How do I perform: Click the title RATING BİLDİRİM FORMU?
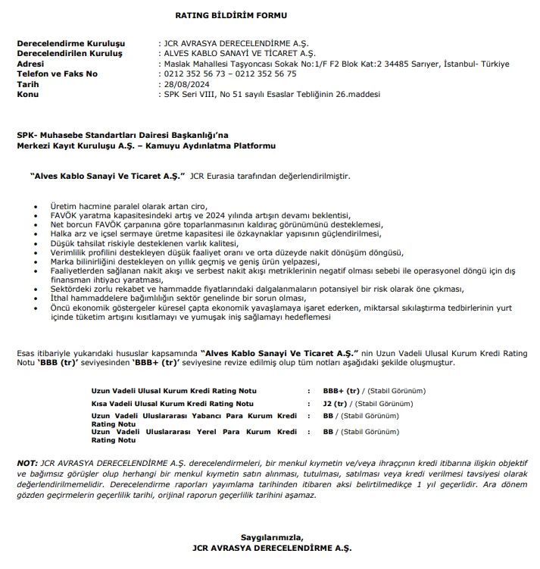[x=220, y=15]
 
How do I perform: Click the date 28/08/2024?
[x=187, y=84]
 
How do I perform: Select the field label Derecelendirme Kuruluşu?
[x=70, y=45]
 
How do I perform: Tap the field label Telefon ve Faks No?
[x=58, y=74]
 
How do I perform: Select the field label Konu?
[x=28, y=94]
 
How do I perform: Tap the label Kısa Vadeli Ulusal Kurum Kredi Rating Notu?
[x=173, y=405]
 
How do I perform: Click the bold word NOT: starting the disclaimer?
[x=27, y=462]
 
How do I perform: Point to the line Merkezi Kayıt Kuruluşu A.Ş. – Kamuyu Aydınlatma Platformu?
[x=146, y=145]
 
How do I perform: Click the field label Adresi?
[x=32, y=64]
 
